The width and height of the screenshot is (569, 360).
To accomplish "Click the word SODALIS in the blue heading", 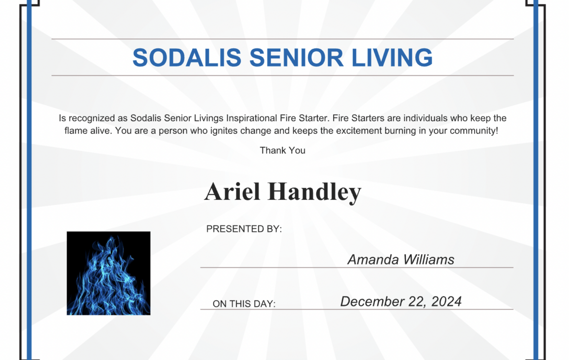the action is pyautogui.click(x=187, y=58).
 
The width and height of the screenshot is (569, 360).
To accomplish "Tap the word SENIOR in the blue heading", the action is pyautogui.click(x=297, y=58).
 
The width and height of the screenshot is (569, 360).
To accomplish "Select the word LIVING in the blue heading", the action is pyautogui.click(x=392, y=58).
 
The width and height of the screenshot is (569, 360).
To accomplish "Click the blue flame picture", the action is pyautogui.click(x=108, y=273).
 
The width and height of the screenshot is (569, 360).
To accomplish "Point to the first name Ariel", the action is pyautogui.click(x=232, y=191).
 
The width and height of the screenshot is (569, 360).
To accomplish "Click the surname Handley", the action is pyautogui.click(x=315, y=192).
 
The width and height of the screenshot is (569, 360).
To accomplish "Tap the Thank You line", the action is pyautogui.click(x=283, y=150).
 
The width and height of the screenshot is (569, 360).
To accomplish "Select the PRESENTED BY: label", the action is pyautogui.click(x=244, y=229).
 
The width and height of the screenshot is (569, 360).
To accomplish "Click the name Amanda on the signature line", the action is pyautogui.click(x=373, y=260).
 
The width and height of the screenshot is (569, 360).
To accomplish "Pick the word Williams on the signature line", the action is pyautogui.click(x=428, y=260).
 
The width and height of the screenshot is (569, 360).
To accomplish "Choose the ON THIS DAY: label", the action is pyautogui.click(x=244, y=304).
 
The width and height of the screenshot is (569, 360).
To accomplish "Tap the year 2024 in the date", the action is pyautogui.click(x=446, y=302).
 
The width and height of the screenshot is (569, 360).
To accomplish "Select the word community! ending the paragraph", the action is pyautogui.click(x=474, y=131).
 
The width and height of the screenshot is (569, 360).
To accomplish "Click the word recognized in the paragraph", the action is pyautogui.click(x=91, y=118).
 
